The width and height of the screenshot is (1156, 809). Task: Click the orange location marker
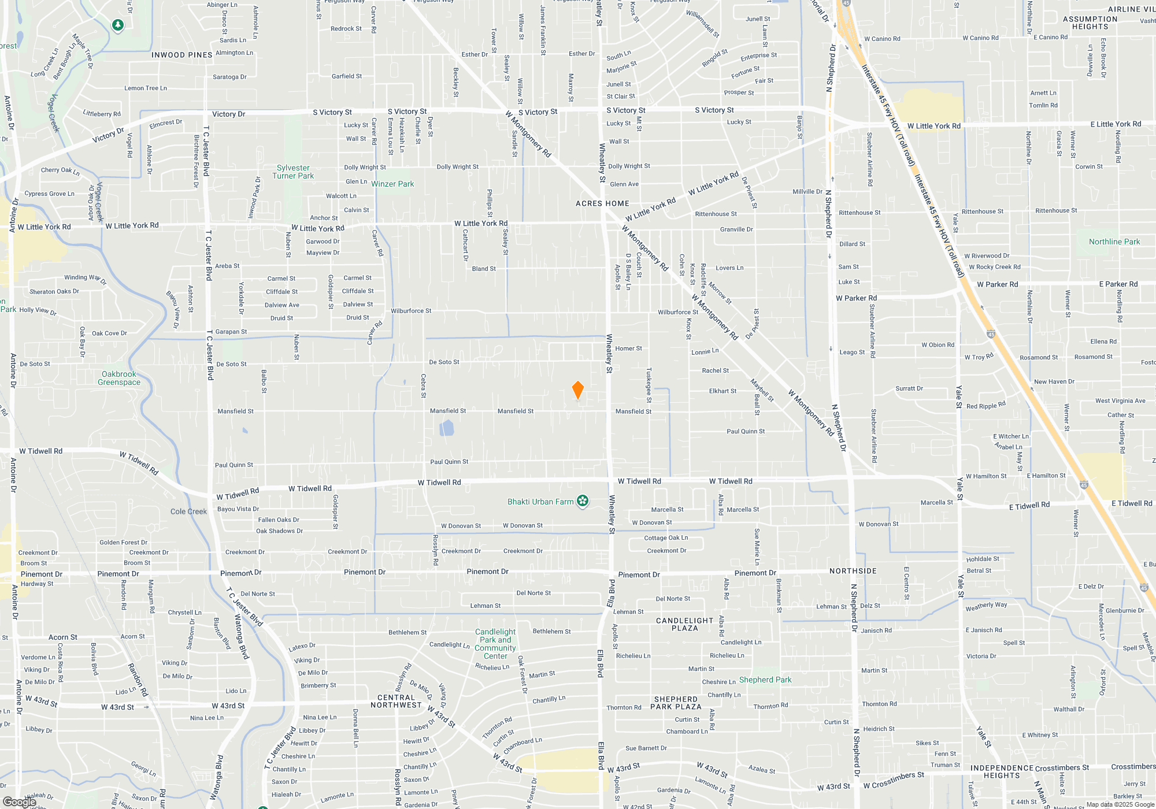[577, 390]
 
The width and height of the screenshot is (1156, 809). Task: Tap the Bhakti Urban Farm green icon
[583, 501]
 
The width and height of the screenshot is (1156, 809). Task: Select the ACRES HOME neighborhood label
[602, 203]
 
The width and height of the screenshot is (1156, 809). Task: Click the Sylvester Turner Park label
[293, 172]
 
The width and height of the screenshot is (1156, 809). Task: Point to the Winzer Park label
[392, 184]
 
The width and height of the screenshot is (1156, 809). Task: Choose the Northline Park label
[1114, 242]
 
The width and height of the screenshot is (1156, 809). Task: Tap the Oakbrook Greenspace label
[119, 378]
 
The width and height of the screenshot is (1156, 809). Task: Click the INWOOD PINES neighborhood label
[182, 55]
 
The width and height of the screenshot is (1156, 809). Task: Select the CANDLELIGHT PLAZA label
[685, 624]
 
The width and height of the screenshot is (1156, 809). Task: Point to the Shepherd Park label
[765, 680]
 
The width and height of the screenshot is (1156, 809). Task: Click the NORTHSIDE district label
[853, 571]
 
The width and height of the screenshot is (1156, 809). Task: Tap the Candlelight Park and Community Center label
[495, 644]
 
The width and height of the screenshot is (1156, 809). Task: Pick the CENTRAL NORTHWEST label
[397, 701]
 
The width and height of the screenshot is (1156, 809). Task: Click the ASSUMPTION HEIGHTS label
[1090, 23]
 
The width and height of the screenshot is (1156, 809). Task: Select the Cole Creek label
[188, 511]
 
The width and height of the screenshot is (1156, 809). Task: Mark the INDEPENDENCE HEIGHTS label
[1002, 771]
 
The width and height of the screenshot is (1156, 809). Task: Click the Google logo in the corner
[20, 801]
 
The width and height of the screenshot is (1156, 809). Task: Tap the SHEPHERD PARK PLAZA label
[676, 703]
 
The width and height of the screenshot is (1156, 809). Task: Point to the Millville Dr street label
[807, 191]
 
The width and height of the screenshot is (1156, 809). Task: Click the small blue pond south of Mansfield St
[447, 428]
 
